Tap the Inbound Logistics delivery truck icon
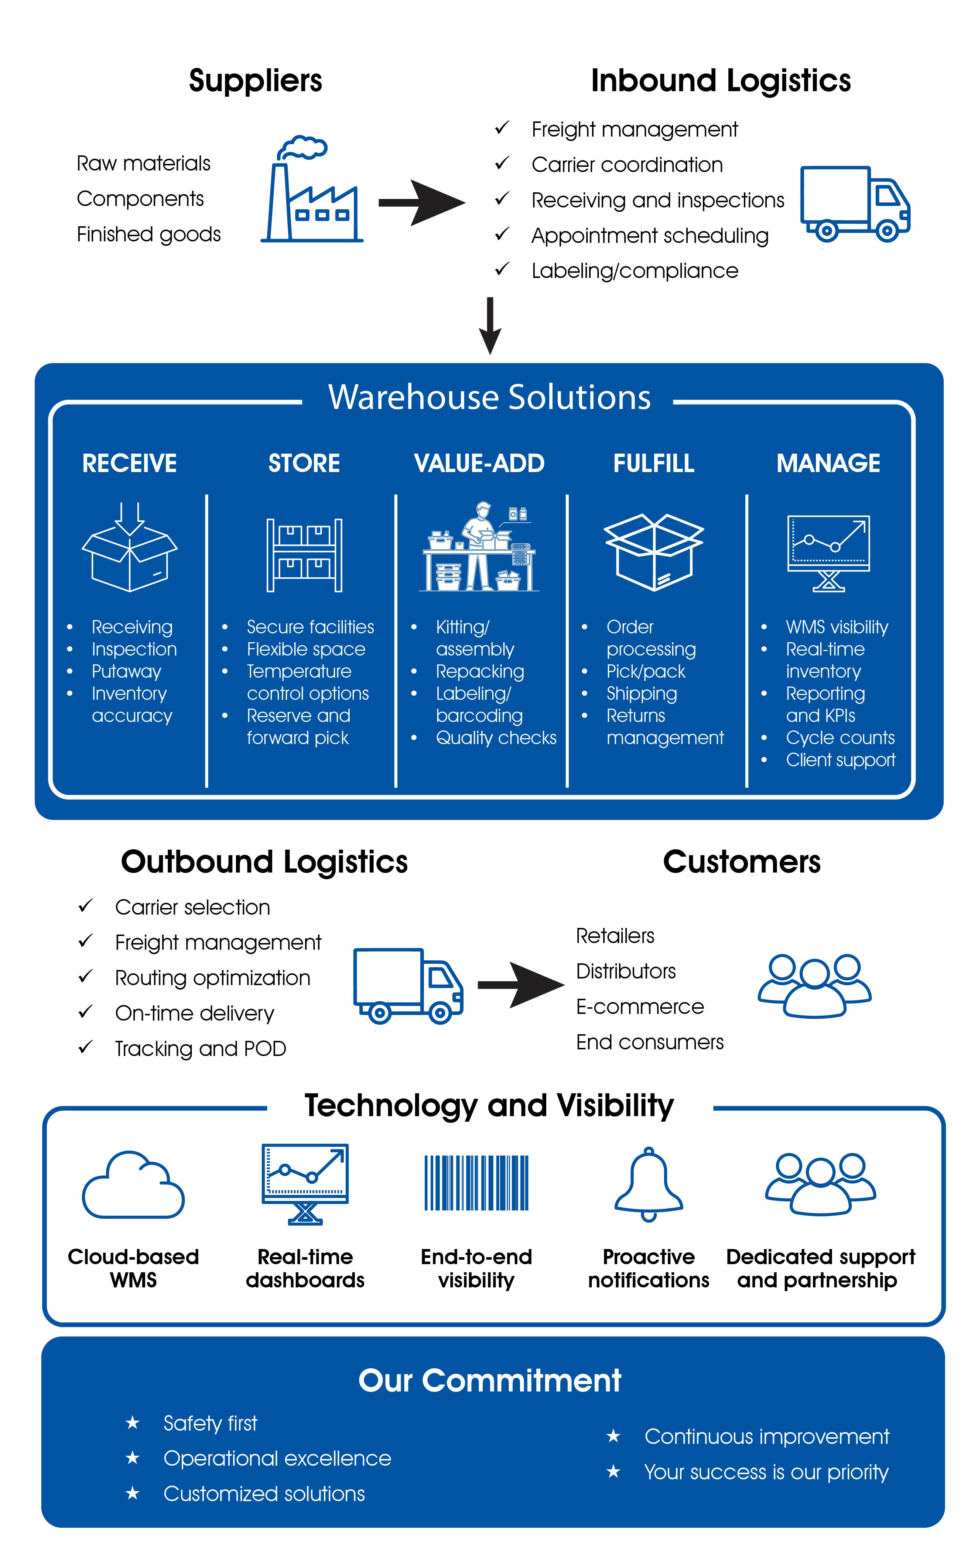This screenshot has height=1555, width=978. coord(855,204)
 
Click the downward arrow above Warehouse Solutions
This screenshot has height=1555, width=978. coord(490,326)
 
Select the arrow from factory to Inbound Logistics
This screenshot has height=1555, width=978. coord(422,203)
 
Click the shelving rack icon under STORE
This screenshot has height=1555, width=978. coord(304,555)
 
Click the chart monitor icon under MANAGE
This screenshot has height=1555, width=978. coord(829,553)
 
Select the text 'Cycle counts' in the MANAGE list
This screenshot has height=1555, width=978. coord(840,737)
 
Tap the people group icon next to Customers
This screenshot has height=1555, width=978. coord(814,985)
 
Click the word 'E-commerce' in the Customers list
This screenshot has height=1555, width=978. coord(640,1006)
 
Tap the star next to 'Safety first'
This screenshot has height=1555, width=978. coord(133,1422)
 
